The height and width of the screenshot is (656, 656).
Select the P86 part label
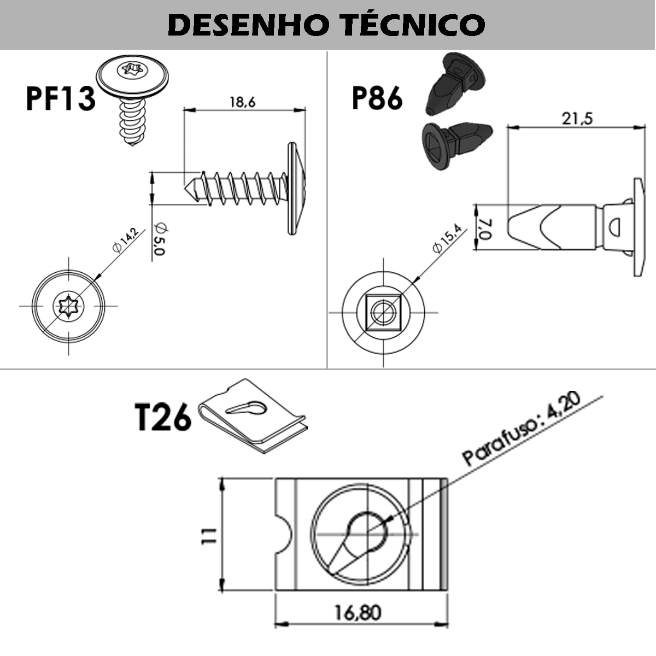[377, 98]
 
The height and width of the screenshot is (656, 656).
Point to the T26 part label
[162, 418]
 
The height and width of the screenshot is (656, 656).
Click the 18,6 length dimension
[242, 102]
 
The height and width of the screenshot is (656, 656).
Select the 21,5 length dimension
[577, 118]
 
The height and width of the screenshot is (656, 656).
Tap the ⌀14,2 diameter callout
[125, 240]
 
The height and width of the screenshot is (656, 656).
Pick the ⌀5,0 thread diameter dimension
[159, 239]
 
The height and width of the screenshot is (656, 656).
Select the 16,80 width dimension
[358, 612]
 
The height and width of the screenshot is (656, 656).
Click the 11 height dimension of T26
[209, 535]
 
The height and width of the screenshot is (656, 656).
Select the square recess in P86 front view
[383, 312]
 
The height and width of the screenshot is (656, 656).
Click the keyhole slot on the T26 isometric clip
[246, 407]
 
